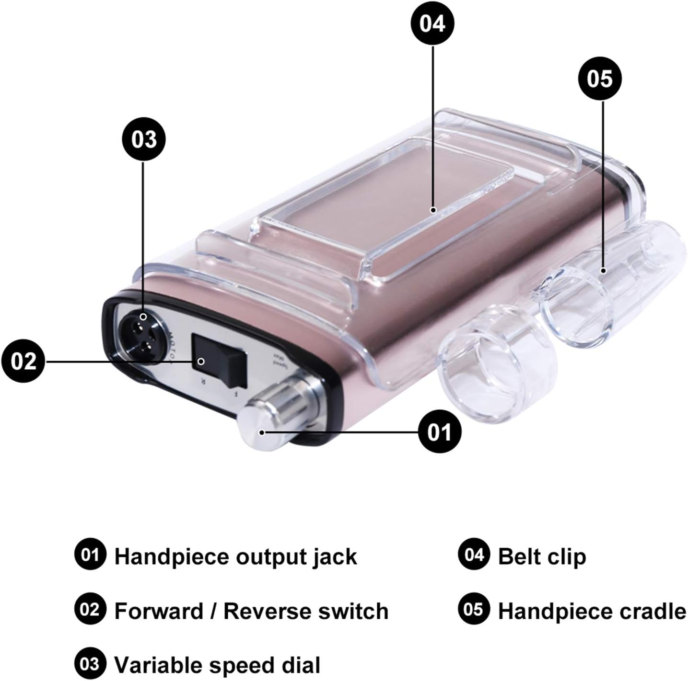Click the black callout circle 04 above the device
click(432, 23)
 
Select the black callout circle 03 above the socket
click(144, 139)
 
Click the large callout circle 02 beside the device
click(23, 361)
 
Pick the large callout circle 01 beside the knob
click(439, 432)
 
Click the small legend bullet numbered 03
click(90, 664)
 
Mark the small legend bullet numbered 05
click(473, 610)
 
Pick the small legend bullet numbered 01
click(90, 555)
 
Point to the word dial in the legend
click(301, 665)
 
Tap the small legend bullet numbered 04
click(473, 555)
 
